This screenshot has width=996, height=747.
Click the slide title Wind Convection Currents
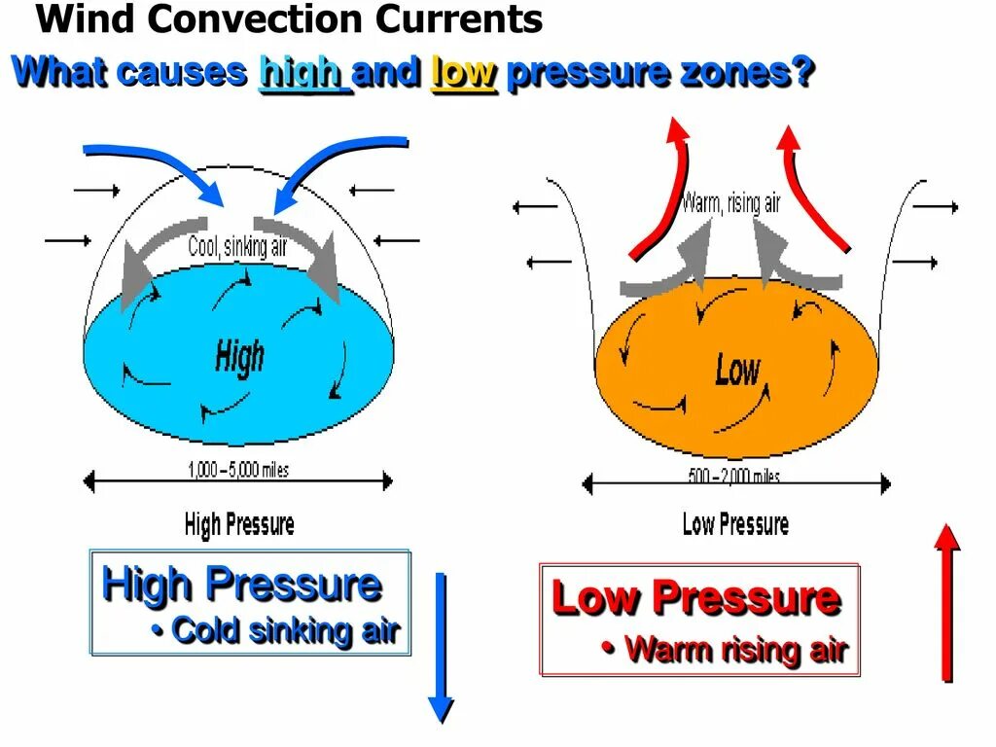(x=289, y=19)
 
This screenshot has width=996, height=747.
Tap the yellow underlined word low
(x=464, y=73)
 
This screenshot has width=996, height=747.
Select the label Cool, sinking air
(x=238, y=247)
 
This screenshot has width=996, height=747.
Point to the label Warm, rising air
(x=730, y=202)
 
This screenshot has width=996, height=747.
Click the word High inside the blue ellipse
(x=239, y=357)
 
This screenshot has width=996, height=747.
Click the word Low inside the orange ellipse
(x=737, y=370)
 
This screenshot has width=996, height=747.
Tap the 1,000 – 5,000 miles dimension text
(x=238, y=471)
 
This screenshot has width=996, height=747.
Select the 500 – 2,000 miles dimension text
(x=734, y=477)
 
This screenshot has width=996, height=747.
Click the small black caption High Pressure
(x=239, y=526)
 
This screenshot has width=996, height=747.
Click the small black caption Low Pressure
(x=735, y=525)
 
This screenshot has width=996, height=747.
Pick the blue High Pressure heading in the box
(x=241, y=585)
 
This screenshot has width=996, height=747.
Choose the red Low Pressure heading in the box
(x=695, y=597)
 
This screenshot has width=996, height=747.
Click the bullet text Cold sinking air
(x=285, y=630)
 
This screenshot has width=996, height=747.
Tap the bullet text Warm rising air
(x=735, y=649)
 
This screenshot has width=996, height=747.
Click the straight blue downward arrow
(x=442, y=647)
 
